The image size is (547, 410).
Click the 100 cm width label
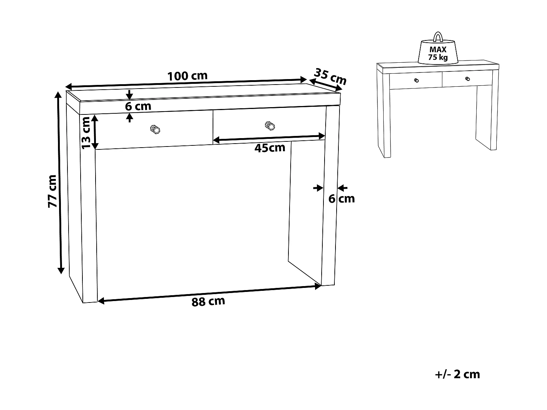point(187,76)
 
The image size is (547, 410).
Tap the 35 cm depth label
point(330,76)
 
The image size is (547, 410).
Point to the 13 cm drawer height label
point(86,132)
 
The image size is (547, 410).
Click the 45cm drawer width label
point(270,148)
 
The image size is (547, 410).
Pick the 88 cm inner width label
point(208,302)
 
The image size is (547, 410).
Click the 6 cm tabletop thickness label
point(138,106)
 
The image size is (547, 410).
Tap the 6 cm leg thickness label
point(341,199)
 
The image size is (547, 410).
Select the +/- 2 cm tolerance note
point(458,374)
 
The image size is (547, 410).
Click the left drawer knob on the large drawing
point(155,129)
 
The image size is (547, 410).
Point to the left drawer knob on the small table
point(416,80)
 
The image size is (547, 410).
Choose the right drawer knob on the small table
point(468,78)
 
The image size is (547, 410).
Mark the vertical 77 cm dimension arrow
point(60,182)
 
